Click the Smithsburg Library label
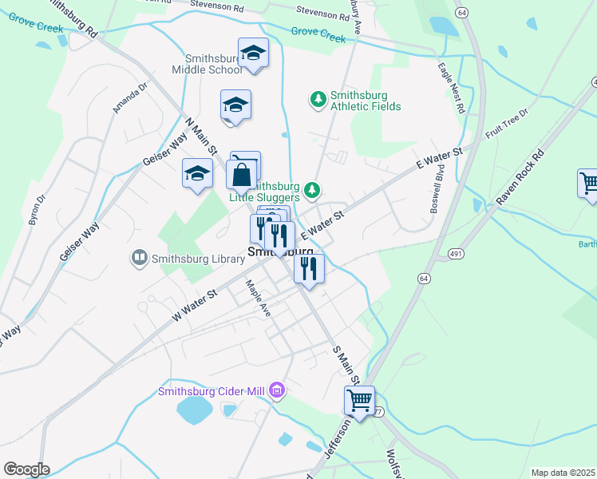point(192,257)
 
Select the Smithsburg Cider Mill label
point(212,390)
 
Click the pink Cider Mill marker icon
point(277,390)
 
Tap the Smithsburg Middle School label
point(212,64)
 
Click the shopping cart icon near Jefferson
point(360,401)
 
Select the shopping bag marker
point(242,175)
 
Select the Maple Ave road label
point(259,297)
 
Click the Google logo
point(26,469)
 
